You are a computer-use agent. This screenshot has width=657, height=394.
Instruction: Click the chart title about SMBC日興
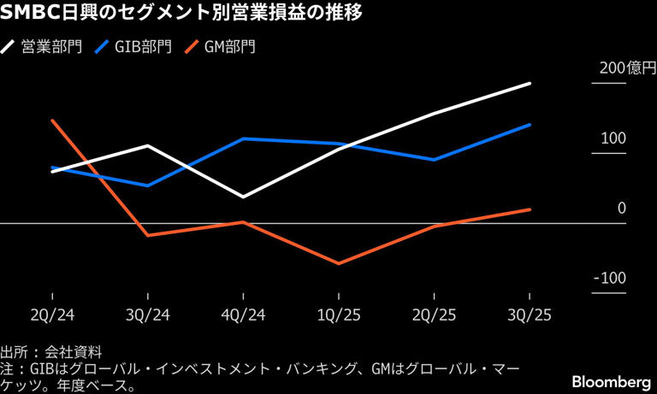click(184, 15)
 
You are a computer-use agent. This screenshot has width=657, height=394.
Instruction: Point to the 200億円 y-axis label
click(625, 69)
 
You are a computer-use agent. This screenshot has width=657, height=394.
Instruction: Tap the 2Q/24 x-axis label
click(52, 315)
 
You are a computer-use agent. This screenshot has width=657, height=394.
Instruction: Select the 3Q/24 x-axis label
click(148, 315)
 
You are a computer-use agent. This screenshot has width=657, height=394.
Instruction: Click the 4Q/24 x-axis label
click(244, 315)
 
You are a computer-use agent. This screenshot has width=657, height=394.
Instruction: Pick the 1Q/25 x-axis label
click(340, 315)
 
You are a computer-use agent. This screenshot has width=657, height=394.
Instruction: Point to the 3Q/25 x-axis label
click(530, 315)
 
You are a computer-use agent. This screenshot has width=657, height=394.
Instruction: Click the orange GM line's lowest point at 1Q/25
click(340, 263)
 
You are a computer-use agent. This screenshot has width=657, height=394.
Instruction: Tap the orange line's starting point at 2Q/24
click(52, 121)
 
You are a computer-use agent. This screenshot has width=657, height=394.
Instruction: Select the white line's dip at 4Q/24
click(244, 197)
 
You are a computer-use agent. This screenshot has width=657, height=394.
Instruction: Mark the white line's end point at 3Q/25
click(530, 84)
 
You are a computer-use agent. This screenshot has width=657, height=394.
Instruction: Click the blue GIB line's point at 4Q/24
click(244, 138)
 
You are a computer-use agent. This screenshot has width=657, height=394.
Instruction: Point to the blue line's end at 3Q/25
click(530, 125)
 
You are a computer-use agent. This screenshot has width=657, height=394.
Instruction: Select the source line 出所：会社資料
click(51, 351)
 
